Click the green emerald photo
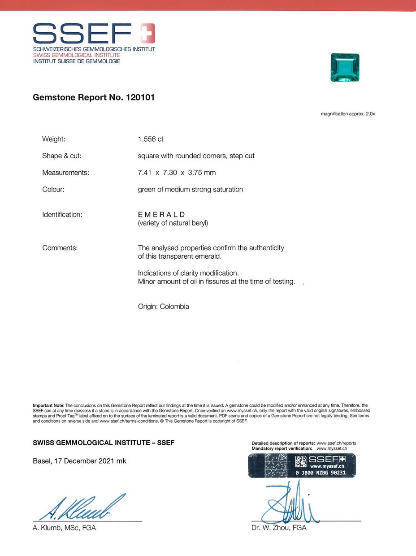(345, 68)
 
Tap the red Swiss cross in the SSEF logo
(147, 33)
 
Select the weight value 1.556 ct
(151, 139)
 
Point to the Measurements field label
(65, 173)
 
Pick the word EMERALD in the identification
(161, 214)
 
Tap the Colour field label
(53, 189)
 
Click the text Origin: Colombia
(164, 307)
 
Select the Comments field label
(60, 248)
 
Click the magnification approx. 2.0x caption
(347, 114)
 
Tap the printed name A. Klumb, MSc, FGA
(65, 528)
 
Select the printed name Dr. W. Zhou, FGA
(279, 528)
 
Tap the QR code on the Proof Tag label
(300, 461)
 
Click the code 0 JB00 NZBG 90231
(321, 473)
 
